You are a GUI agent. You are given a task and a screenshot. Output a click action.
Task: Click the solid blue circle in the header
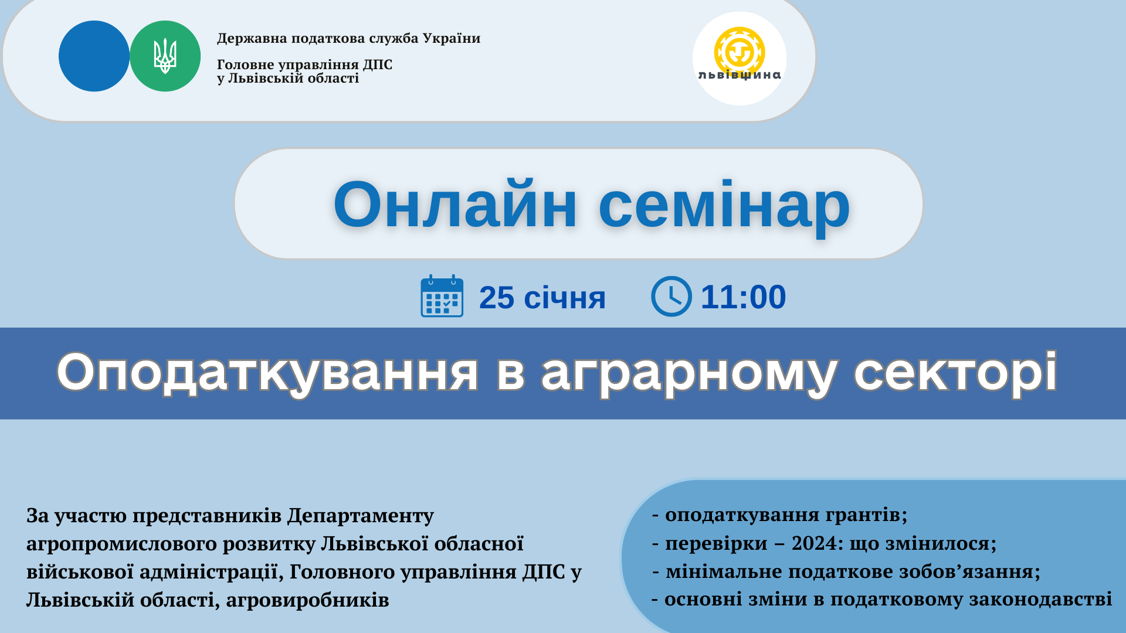click(94, 56)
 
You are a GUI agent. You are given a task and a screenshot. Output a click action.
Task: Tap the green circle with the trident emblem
click(165, 56)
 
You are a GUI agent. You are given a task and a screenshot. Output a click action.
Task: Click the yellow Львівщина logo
click(740, 54)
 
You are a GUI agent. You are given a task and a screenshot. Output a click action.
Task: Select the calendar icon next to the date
click(442, 296)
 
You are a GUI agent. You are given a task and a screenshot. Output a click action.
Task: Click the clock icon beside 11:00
click(671, 297)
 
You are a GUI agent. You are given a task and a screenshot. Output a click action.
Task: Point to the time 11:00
click(743, 297)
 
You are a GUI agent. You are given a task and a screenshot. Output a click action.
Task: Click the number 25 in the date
click(497, 298)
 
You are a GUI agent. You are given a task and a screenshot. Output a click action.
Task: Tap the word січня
click(565, 298)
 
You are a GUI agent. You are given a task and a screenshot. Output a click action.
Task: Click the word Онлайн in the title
click(455, 205)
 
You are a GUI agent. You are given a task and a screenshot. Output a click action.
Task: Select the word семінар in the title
click(724, 205)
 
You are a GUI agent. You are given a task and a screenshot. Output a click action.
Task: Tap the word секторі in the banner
click(956, 372)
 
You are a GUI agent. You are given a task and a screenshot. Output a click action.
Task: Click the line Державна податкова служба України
click(349, 39)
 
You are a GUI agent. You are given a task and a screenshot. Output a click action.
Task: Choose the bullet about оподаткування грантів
click(780, 515)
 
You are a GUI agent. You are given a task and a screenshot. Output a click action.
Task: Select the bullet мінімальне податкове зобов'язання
click(846, 571)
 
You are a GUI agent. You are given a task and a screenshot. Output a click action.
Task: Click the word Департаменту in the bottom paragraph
click(361, 516)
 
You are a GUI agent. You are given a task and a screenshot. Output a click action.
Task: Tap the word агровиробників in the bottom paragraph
click(307, 600)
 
